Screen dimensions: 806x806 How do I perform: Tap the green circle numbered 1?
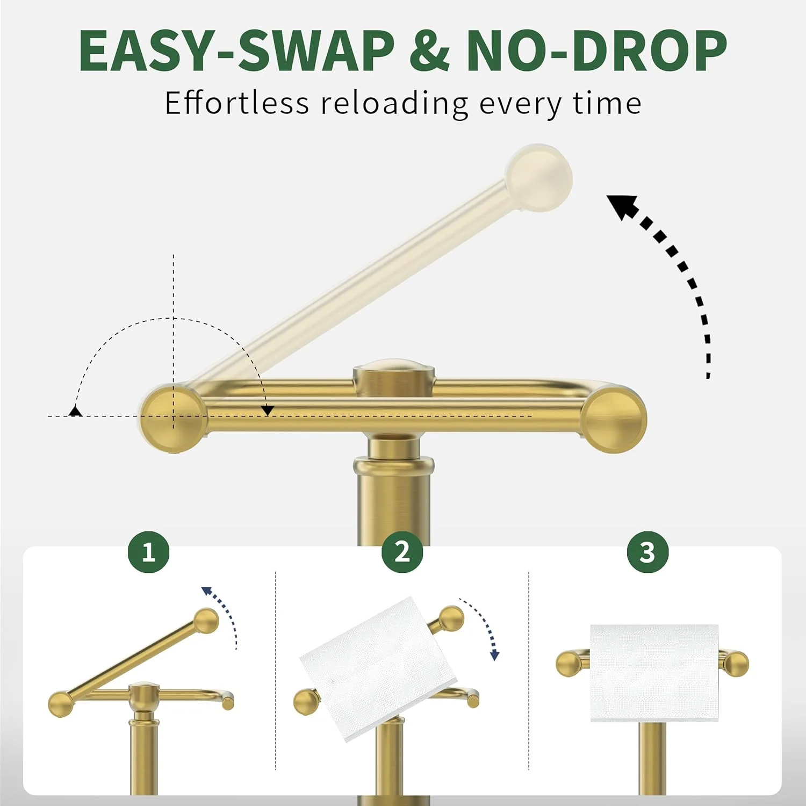pyautogui.click(x=149, y=552)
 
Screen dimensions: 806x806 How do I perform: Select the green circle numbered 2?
pyautogui.click(x=402, y=552)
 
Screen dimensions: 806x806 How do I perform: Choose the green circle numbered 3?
pyautogui.click(x=648, y=552)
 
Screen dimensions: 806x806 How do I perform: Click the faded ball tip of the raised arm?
pyautogui.click(x=539, y=177)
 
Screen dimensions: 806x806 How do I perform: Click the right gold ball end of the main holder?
pyautogui.click(x=614, y=421)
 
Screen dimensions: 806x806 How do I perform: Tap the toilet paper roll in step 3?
pyautogui.click(x=654, y=673)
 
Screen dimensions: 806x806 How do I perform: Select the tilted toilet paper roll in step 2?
pyautogui.click(x=376, y=668)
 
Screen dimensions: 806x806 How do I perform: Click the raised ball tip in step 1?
pyautogui.click(x=206, y=621)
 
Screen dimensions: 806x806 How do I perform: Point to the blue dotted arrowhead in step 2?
pyautogui.click(x=495, y=655)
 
